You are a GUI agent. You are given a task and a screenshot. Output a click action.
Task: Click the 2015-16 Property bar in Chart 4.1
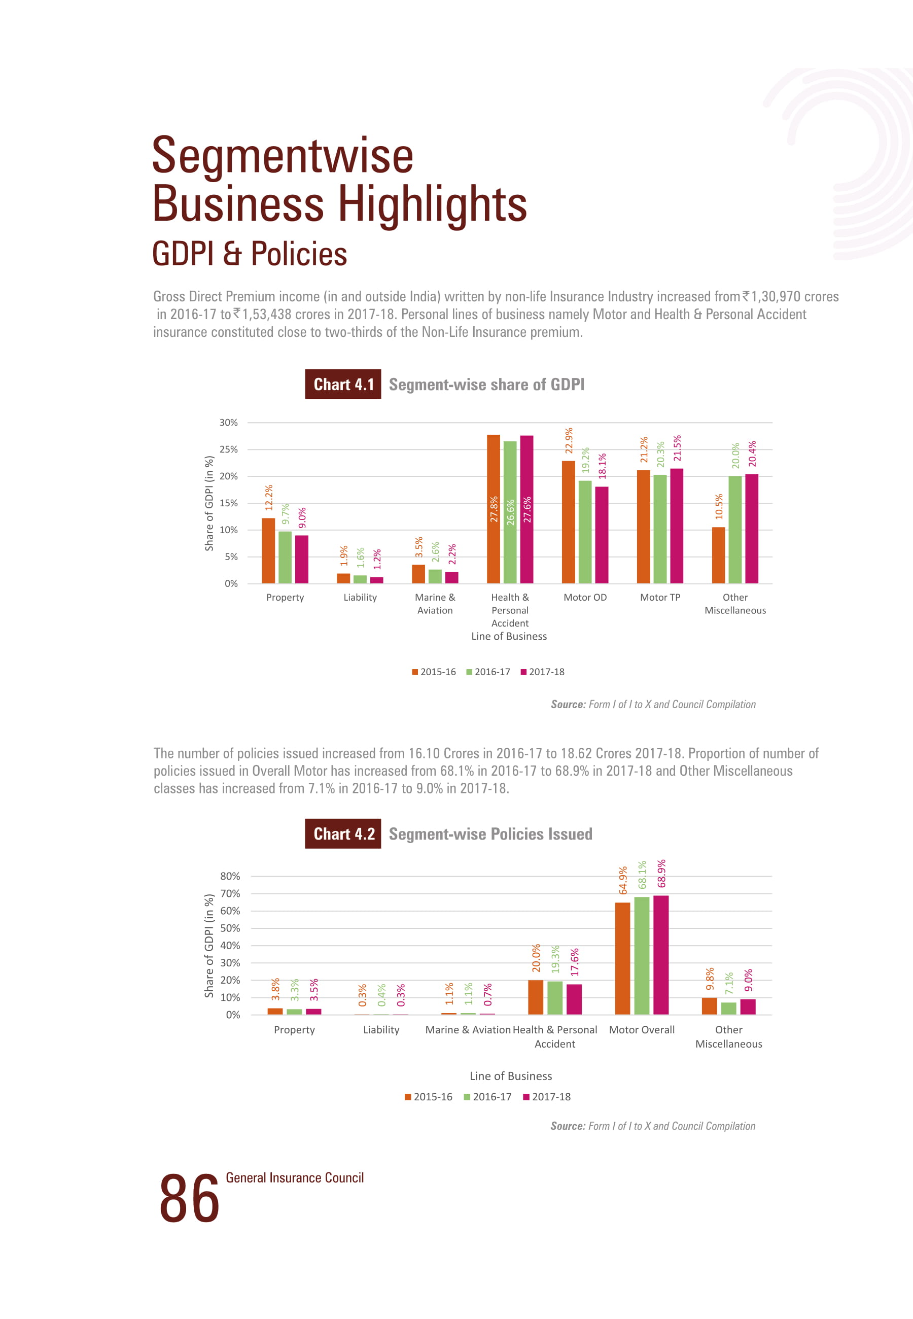268,550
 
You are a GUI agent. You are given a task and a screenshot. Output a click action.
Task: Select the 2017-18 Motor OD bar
601,534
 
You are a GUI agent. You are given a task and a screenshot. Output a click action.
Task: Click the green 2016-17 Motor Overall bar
641,955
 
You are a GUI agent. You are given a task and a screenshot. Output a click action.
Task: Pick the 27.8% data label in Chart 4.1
494,509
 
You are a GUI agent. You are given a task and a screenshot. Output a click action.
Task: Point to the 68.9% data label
661,874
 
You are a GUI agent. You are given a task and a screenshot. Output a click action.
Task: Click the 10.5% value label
719,506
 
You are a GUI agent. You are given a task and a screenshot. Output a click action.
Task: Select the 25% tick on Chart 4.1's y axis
228,449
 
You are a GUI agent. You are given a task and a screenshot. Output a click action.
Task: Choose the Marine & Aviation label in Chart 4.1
435,604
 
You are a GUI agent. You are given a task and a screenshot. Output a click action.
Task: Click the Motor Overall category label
641,1029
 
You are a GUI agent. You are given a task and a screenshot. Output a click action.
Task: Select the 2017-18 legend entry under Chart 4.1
542,672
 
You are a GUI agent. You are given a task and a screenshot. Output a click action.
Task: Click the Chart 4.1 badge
343,385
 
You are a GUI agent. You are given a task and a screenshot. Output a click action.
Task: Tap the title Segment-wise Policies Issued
490,834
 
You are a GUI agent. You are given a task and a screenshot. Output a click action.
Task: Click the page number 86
189,1199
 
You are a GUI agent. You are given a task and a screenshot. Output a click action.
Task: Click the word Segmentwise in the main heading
283,156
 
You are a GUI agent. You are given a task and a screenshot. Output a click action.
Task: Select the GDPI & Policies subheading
250,254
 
